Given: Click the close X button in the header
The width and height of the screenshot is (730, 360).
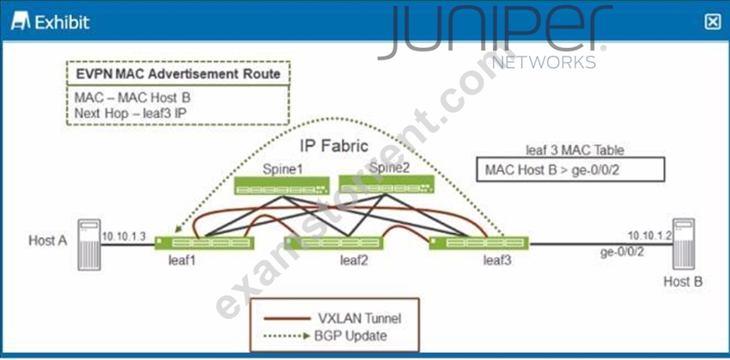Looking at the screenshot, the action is pyautogui.click(x=712, y=21).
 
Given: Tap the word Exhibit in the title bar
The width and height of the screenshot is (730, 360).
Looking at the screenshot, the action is pyautogui.click(x=63, y=22).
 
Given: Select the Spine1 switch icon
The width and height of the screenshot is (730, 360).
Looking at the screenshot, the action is pyautogui.click(x=281, y=186).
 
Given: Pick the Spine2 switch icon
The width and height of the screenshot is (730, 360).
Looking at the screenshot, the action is pyautogui.click(x=386, y=184).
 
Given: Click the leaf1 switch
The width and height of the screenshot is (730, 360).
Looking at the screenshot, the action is pyautogui.click(x=204, y=243).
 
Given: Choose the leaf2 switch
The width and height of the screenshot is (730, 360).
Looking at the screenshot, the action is pyautogui.click(x=333, y=243).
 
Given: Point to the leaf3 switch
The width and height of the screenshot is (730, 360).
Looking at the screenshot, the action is pyautogui.click(x=478, y=243).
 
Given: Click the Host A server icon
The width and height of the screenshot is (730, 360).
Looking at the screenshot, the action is pyautogui.click(x=89, y=245).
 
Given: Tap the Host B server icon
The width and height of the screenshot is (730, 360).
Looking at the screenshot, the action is pyautogui.click(x=684, y=244).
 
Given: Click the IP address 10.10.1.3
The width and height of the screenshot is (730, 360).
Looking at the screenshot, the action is pyautogui.click(x=124, y=236).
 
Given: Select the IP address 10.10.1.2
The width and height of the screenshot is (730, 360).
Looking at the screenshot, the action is pyautogui.click(x=649, y=235).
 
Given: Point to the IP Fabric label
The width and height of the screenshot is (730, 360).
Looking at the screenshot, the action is pyautogui.click(x=335, y=146).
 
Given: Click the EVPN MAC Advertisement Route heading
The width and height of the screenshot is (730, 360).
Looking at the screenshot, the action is pyautogui.click(x=179, y=74).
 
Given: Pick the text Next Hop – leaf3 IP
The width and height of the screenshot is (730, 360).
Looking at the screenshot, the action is pyautogui.click(x=131, y=113).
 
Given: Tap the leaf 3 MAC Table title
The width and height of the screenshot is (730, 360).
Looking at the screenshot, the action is pyautogui.click(x=575, y=150).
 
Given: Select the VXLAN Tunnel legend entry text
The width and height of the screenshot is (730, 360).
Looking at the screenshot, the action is pyautogui.click(x=359, y=319).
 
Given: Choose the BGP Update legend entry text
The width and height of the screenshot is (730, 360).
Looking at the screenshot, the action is pyautogui.click(x=350, y=335).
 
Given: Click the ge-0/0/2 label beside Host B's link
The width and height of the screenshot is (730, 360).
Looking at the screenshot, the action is pyautogui.click(x=622, y=252).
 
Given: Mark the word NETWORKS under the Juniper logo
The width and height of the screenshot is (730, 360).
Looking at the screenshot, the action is pyautogui.click(x=544, y=62).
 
